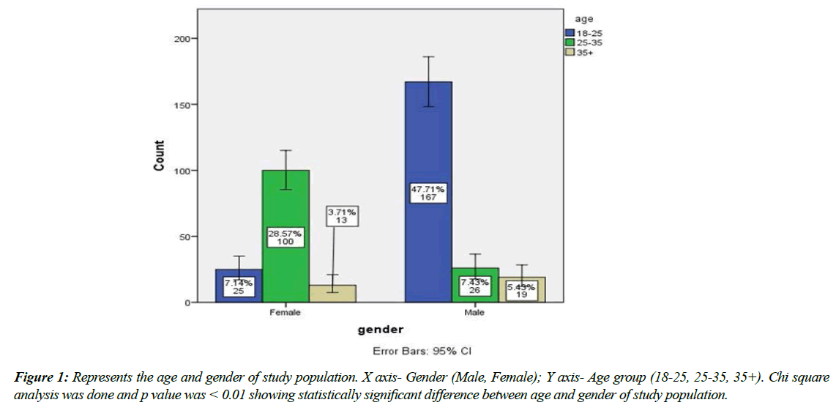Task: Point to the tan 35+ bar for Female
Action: pyautogui.click(x=333, y=294)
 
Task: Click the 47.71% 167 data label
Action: pyautogui.click(x=428, y=193)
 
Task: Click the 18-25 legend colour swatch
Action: pyautogui.click(x=570, y=33)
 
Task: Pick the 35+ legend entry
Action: pyautogui.click(x=581, y=52)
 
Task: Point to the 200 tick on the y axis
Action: pyautogui.click(x=179, y=38)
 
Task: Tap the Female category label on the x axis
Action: pyautogui.click(x=285, y=311)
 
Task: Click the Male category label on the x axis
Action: pyautogui.click(x=475, y=311)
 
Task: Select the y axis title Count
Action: pyautogui.click(x=159, y=156)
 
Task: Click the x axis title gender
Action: pyautogui.click(x=380, y=330)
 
